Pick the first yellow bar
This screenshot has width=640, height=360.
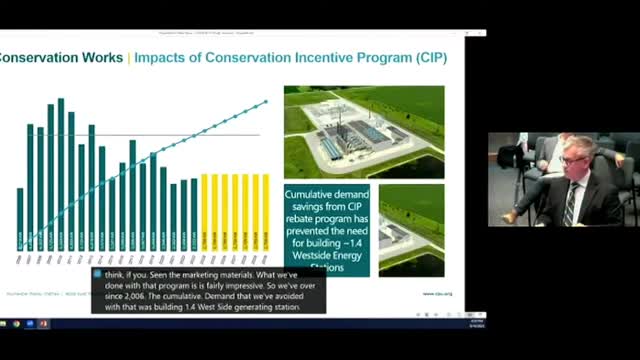point(204,211)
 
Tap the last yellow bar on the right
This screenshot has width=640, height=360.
point(266,211)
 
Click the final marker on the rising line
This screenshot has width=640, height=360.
point(266,101)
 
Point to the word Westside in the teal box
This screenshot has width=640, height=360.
point(315,256)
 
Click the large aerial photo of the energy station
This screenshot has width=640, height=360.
point(364,131)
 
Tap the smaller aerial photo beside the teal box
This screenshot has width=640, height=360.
point(411,230)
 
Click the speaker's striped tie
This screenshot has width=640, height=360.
point(570,204)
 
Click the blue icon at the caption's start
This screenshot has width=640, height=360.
point(98,273)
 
